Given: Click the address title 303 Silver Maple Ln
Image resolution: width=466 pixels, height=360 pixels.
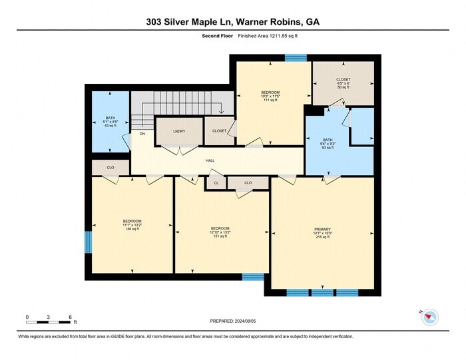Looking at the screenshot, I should (x=232, y=22).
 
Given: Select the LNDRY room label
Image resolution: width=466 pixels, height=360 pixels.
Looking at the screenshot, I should (x=178, y=131).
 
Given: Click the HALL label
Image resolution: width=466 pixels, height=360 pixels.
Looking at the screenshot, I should (x=210, y=160).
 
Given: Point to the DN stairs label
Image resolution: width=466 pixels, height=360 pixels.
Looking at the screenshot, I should (x=142, y=134).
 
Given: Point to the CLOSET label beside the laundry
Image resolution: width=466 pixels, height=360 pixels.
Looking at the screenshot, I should (x=219, y=131).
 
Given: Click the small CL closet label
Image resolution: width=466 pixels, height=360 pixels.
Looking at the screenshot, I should (x=216, y=182).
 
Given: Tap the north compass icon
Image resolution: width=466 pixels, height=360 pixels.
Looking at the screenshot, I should (x=430, y=318).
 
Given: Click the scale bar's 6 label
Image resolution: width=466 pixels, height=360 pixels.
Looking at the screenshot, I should (x=70, y=317).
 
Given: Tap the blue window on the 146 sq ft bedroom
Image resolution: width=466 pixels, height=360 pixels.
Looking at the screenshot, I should (x=87, y=242).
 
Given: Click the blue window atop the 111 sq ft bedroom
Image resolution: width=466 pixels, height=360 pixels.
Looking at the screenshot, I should (x=291, y=58).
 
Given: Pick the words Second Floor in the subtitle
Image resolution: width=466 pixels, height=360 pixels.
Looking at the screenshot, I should (x=216, y=37).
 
